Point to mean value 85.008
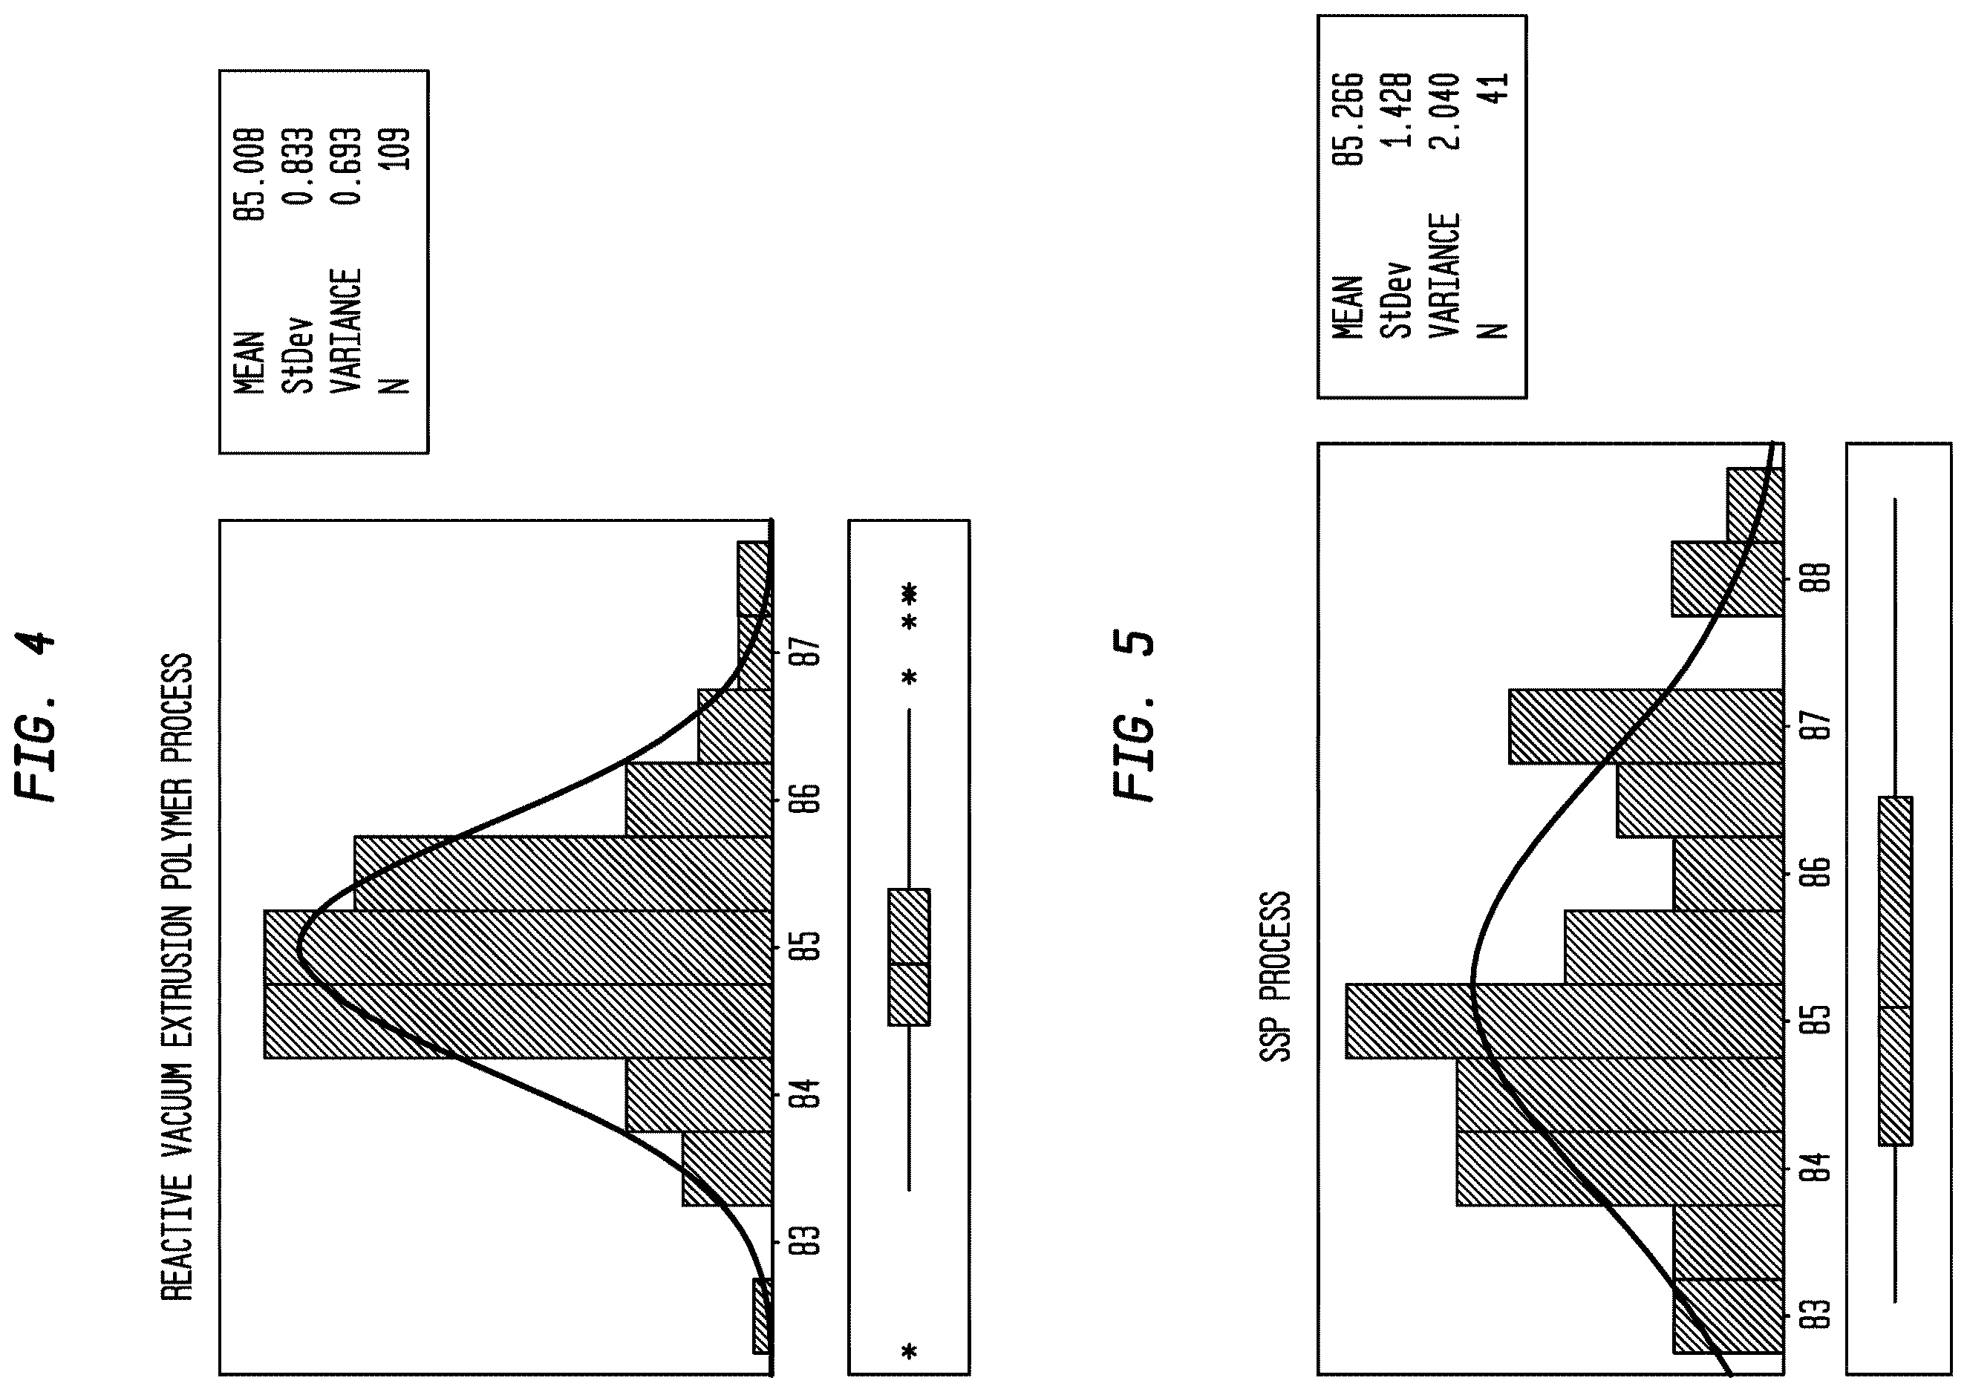(249, 174)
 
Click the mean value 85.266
(1347, 119)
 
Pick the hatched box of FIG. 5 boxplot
(1895, 970)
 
